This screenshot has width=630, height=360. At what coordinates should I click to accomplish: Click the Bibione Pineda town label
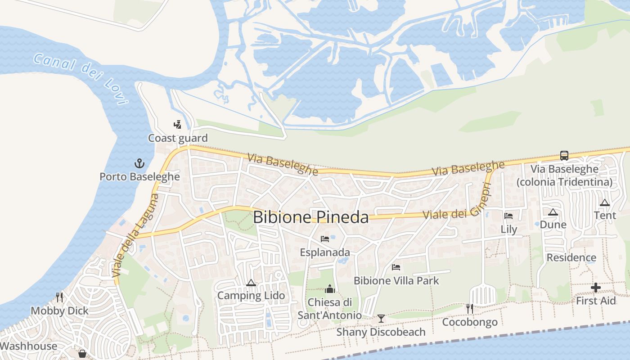(310, 217)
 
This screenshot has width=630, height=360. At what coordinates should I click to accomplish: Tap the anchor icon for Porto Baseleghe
(139, 163)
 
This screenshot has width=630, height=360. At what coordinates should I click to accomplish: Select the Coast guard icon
(178, 125)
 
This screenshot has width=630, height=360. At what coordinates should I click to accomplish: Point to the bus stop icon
(564, 156)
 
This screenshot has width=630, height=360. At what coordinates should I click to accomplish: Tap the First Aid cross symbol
(596, 288)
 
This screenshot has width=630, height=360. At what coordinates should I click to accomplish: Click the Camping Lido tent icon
(251, 283)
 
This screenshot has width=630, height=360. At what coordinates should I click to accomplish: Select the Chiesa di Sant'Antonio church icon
(330, 289)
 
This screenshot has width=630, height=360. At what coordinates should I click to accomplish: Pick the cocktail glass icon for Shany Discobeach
(381, 319)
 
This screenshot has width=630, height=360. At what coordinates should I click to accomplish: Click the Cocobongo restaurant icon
(470, 309)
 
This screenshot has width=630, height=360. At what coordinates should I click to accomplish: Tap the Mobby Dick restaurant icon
(59, 297)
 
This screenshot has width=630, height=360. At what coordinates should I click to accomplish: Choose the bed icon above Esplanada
(325, 239)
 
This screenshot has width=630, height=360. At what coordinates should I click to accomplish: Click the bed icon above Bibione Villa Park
(396, 267)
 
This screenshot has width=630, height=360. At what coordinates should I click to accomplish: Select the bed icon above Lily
(508, 216)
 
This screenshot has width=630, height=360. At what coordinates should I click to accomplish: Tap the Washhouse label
(29, 346)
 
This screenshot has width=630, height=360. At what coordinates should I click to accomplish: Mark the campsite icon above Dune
(553, 212)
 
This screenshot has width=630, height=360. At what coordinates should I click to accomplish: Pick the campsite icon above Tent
(605, 202)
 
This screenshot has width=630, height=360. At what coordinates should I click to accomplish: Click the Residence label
(571, 258)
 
